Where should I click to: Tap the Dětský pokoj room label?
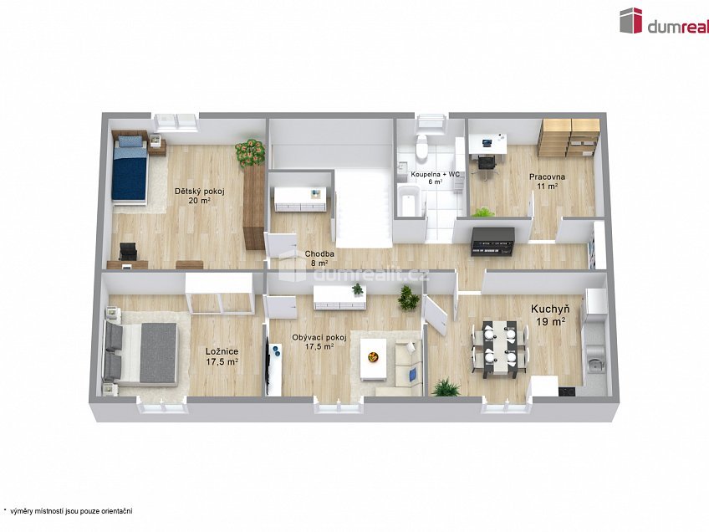(x=193, y=196)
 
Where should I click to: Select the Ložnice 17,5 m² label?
(x=222, y=357)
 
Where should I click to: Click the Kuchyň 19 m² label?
(x=548, y=315)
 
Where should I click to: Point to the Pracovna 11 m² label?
(x=548, y=182)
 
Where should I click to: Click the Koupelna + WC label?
(x=435, y=177)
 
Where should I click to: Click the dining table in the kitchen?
(x=500, y=345)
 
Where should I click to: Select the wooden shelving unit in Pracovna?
(x=568, y=137)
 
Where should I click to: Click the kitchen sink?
(x=594, y=363)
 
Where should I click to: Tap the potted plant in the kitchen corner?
(x=445, y=387)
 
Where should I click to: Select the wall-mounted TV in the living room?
(x=268, y=366)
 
